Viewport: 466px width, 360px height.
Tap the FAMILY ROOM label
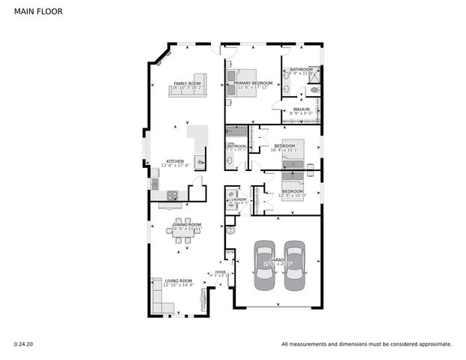[x=188, y=83]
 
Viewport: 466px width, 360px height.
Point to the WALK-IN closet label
[x=302, y=109]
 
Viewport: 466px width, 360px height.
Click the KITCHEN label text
[x=175, y=161]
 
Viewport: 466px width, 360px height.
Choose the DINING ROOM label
[x=188, y=224]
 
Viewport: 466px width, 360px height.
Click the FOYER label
[x=220, y=272]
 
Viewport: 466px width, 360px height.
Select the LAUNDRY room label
[x=239, y=199]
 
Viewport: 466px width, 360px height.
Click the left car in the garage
[x=264, y=266]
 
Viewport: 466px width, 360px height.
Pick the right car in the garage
[x=294, y=266]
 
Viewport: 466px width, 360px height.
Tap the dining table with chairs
[x=184, y=234]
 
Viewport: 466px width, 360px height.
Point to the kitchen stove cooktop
[x=172, y=196]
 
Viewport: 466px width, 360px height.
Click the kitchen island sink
[x=200, y=160]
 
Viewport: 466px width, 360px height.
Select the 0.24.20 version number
[x=23, y=344]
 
